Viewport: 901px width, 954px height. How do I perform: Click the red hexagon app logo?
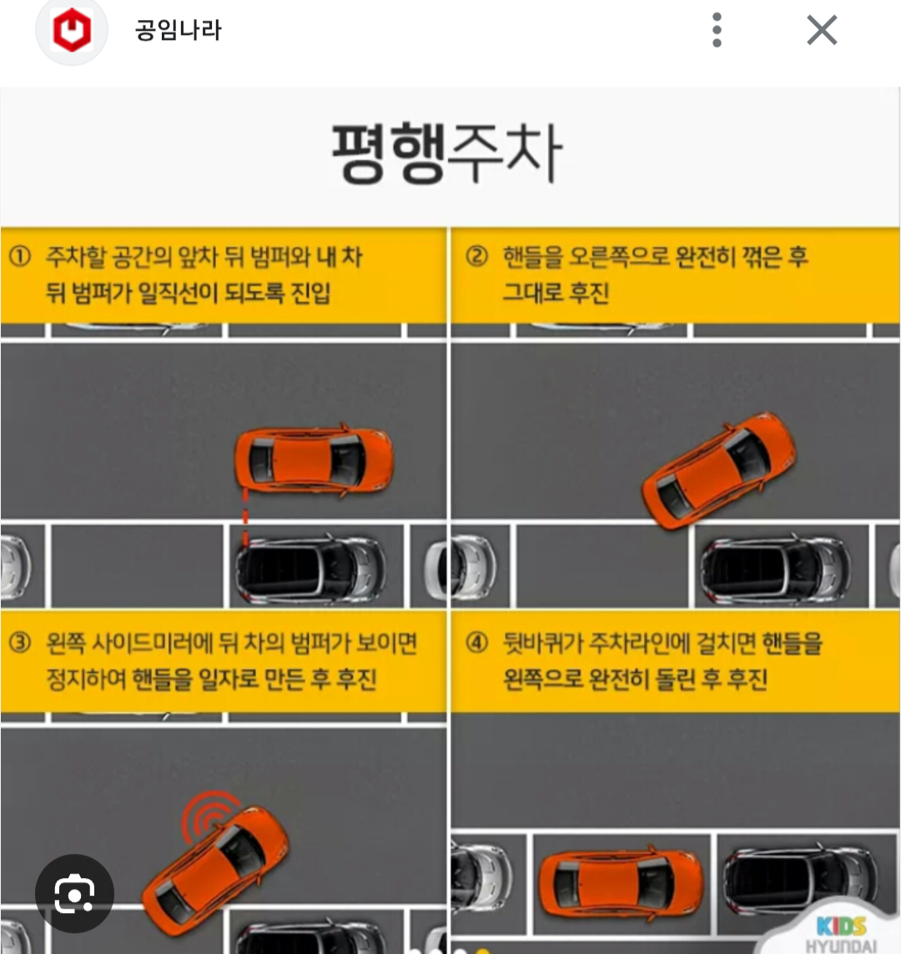click(72, 30)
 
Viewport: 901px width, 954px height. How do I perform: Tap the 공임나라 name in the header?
click(179, 30)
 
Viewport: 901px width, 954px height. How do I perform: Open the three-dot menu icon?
click(717, 30)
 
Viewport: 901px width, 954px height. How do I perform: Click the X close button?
click(822, 30)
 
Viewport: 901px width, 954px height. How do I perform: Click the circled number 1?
click(20, 255)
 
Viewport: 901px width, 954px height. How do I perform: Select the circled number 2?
click(476, 255)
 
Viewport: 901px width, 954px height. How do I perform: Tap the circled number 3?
click(20, 642)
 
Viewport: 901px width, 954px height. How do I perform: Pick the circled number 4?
click(476, 642)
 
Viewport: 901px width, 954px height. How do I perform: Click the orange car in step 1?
click(314, 460)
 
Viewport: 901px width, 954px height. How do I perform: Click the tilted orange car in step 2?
click(718, 469)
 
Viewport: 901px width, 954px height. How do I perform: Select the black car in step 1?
click(310, 569)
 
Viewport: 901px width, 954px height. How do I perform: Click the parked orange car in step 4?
click(621, 882)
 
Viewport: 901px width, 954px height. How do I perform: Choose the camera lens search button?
click(74, 894)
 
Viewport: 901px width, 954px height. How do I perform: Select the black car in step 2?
click(776, 569)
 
